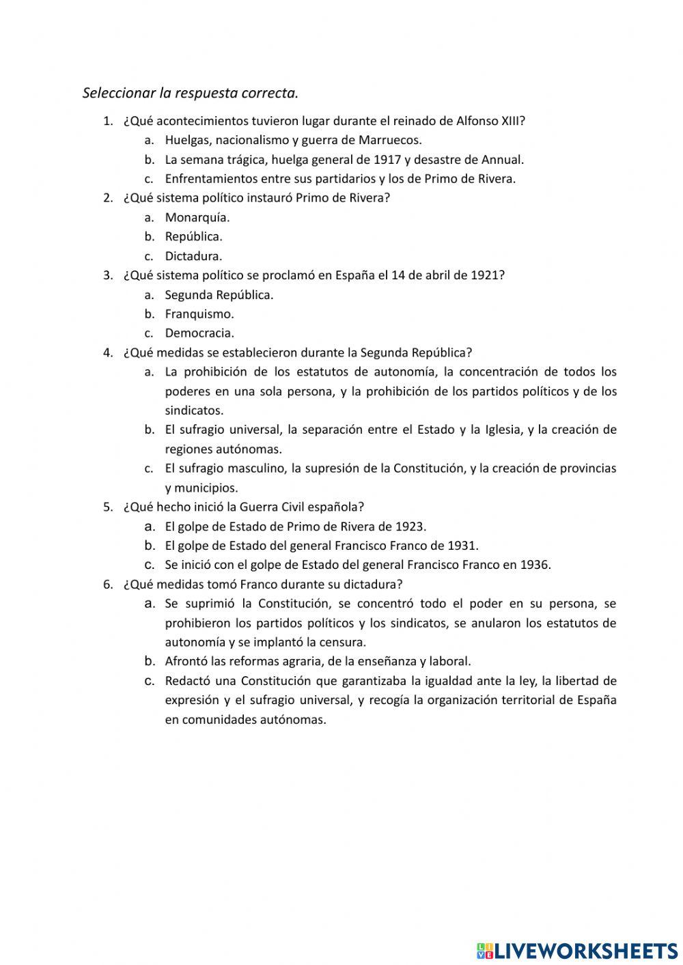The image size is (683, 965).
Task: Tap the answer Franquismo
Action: (x=199, y=314)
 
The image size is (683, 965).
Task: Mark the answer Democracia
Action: (x=199, y=333)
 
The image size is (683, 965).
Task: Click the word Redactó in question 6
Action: (x=186, y=681)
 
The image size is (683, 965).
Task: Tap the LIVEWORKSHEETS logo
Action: (x=577, y=950)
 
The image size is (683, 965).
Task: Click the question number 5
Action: (x=107, y=507)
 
